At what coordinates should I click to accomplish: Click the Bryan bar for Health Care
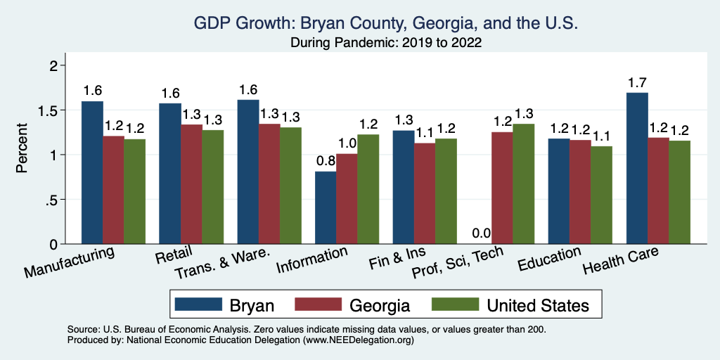pos(637,169)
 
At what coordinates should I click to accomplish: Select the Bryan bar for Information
pos(326,208)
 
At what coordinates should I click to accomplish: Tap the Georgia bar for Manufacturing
pos(113,190)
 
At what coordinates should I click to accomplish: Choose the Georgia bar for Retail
pos(191,184)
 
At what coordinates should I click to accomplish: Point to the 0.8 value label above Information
pos(326,162)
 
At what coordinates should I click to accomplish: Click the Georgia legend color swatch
pos(317,304)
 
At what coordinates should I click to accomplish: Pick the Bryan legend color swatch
pos(197,304)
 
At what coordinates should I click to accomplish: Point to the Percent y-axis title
pos(22,149)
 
